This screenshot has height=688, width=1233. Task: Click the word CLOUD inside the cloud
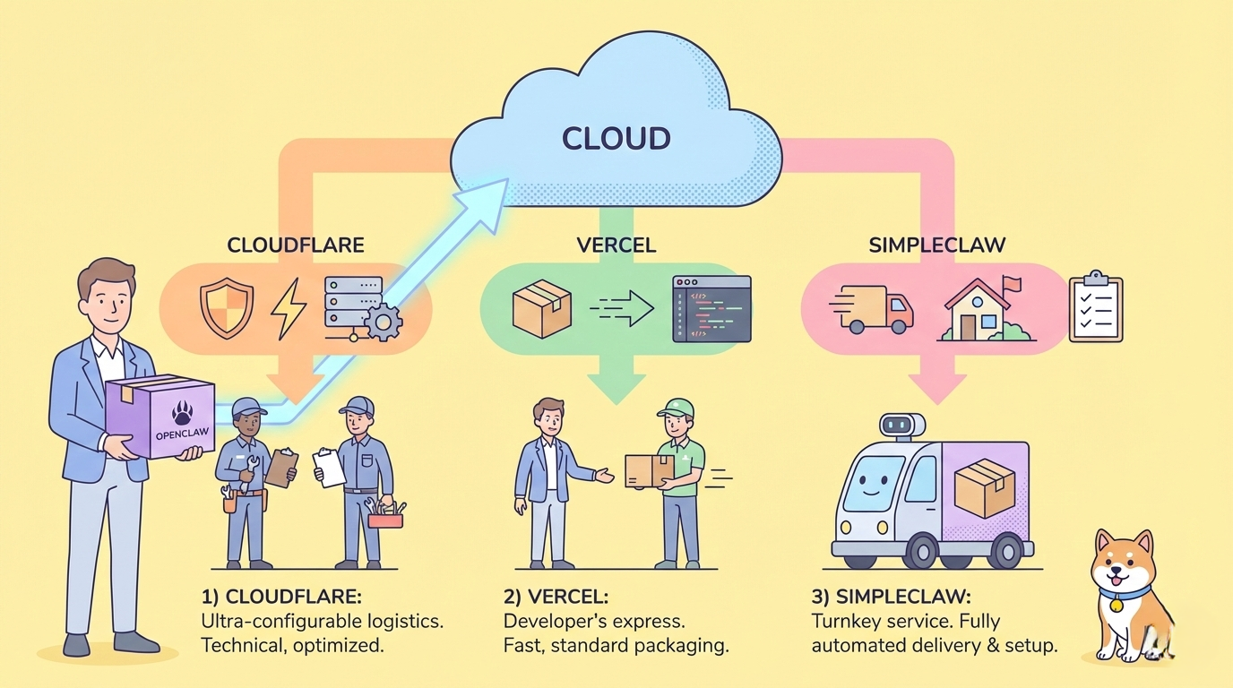coord(616,139)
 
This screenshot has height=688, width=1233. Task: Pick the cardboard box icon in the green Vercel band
coord(541,308)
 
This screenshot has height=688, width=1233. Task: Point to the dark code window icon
coord(711,309)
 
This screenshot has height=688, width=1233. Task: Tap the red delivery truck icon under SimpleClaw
coord(874,309)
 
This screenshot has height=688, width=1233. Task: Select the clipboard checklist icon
coord(1095,307)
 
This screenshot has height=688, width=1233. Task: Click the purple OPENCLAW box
coord(161,417)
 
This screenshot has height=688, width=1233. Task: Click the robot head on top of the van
coord(901,426)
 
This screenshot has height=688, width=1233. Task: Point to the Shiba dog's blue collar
coord(1125,592)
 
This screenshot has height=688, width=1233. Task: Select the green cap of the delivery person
coord(677,408)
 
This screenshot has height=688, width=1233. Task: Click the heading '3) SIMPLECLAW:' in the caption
coord(891,597)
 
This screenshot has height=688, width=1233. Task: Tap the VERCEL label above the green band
coord(616,245)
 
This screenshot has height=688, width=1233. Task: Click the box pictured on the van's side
coord(984,488)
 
